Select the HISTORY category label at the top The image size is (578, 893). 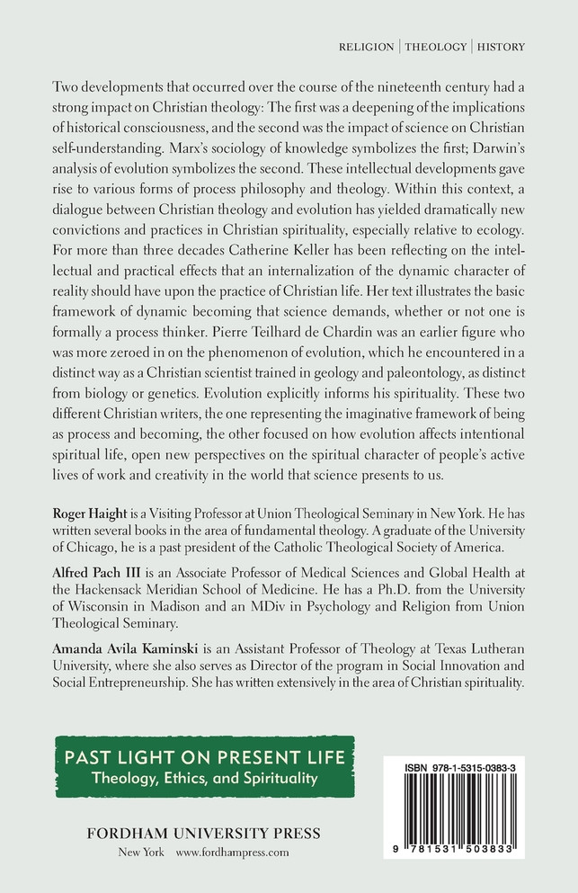502,46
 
